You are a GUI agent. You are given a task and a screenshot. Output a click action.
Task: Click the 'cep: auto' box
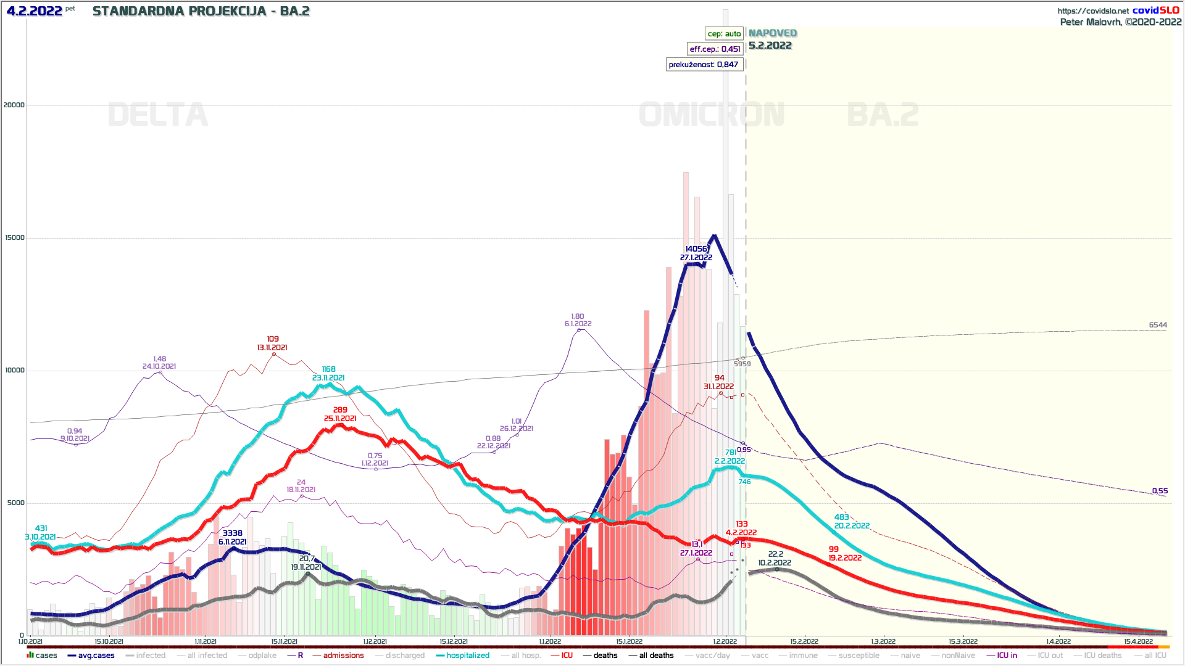[x=724, y=34]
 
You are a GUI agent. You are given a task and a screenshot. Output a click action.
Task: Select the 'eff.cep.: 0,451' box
[x=715, y=49]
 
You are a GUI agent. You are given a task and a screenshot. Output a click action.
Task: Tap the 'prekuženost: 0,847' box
[x=704, y=65]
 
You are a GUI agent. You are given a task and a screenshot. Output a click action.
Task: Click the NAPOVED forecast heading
[x=773, y=33]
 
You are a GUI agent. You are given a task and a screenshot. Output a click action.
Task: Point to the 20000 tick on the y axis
[x=14, y=105]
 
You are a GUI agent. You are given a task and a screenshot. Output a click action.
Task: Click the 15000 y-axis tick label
[x=14, y=237]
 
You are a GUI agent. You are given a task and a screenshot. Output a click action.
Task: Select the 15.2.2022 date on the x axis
[x=804, y=641]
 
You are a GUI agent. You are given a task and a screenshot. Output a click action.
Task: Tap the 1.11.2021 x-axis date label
[x=206, y=641]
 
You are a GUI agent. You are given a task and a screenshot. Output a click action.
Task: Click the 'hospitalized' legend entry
[x=468, y=656]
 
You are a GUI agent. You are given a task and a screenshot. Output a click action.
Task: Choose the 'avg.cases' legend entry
[x=96, y=656]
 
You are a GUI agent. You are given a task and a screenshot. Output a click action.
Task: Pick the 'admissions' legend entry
[x=343, y=656]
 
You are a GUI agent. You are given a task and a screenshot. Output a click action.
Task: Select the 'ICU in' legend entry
[x=1007, y=656]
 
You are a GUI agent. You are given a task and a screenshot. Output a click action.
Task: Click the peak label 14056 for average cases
[x=696, y=249]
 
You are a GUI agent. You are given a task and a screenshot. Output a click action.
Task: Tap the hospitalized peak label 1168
[x=328, y=369]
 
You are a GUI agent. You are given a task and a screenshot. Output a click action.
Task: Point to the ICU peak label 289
[x=340, y=409]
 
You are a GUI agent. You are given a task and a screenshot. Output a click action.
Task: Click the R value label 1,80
[x=578, y=316]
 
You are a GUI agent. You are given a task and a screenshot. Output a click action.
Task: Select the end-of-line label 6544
[x=1158, y=325]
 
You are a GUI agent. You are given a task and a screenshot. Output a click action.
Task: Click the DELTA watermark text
[x=158, y=115]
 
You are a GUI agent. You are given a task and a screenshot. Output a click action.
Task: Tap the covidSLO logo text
[x=1155, y=10]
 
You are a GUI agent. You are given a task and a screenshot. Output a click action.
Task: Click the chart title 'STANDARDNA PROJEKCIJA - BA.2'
[x=201, y=11]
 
